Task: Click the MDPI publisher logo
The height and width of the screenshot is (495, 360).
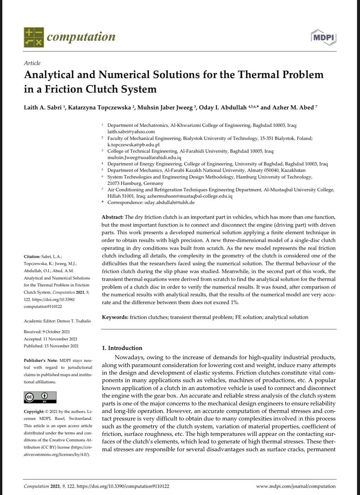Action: (x=323, y=37)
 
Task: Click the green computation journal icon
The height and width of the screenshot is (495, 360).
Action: (x=34, y=37)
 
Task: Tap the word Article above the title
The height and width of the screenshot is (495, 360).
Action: (x=32, y=63)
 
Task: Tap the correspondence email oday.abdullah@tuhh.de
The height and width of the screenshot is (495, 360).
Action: (x=169, y=202)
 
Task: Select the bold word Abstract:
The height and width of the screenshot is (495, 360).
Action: (x=113, y=217)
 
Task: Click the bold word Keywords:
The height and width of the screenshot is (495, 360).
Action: (x=115, y=317)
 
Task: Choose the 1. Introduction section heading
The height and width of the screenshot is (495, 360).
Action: (x=121, y=348)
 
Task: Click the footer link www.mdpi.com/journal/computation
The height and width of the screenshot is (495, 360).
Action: (x=296, y=486)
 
